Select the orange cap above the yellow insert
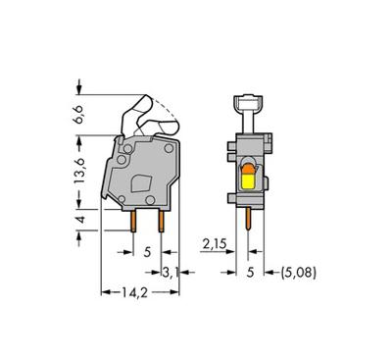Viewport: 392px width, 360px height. pos(249,168)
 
